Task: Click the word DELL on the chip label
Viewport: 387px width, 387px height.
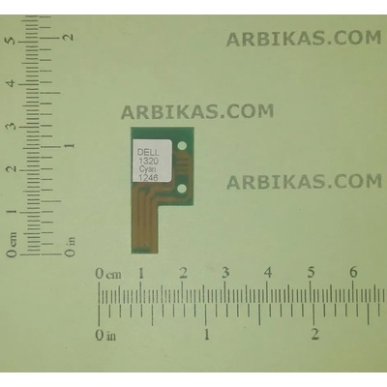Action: tap(151, 151)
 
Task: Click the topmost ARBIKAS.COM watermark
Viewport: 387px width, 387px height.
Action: tap(303, 39)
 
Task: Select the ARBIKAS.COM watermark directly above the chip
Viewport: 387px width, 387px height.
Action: tap(197, 111)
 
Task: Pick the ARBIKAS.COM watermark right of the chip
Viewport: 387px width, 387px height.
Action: tap(304, 181)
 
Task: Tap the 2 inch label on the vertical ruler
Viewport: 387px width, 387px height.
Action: tap(69, 36)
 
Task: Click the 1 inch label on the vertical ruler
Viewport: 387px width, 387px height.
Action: tap(69, 145)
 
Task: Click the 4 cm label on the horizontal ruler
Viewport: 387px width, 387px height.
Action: tap(268, 273)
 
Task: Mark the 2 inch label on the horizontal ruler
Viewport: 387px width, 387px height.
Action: tap(314, 335)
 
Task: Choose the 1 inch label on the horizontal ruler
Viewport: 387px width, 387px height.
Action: tap(206, 335)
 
